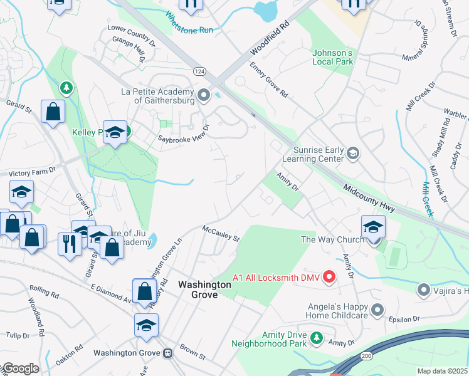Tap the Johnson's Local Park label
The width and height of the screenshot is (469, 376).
(x=333, y=57)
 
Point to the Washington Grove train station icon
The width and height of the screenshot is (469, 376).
(x=167, y=353)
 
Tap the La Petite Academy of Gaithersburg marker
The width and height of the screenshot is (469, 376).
(x=203, y=95)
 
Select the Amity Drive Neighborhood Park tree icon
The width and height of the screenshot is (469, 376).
(x=317, y=338)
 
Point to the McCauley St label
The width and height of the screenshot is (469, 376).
(x=221, y=233)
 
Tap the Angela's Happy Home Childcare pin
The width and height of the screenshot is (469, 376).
(x=377, y=310)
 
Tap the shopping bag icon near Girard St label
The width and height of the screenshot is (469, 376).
(x=53, y=112)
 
